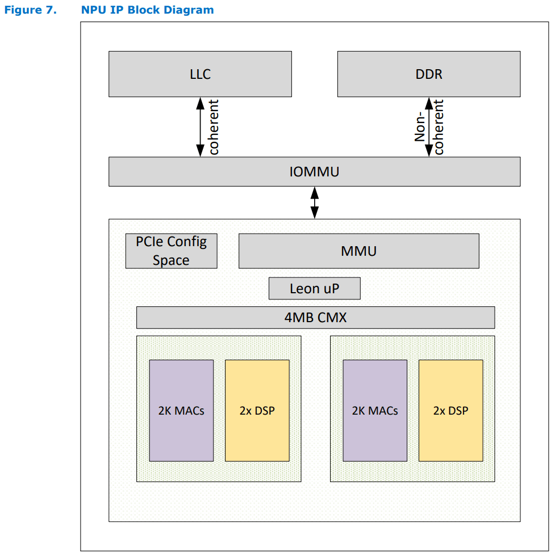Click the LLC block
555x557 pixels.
tap(200, 74)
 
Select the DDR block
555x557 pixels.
tap(429, 74)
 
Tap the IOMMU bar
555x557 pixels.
tap(314, 171)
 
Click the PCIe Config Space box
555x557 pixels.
tap(171, 251)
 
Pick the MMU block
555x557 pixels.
tap(358, 251)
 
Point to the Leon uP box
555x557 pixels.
tap(314, 288)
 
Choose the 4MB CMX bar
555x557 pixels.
tap(315, 317)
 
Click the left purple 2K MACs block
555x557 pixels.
tap(181, 410)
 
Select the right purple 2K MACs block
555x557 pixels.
tap(375, 410)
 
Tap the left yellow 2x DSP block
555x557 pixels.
tap(257, 410)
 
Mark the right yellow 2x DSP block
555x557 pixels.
tap(450, 410)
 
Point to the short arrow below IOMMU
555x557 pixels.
tap(314, 202)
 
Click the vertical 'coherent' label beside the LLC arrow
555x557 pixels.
tap(214, 127)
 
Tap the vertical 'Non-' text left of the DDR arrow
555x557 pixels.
tap(420, 125)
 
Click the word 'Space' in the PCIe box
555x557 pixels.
tap(171, 260)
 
